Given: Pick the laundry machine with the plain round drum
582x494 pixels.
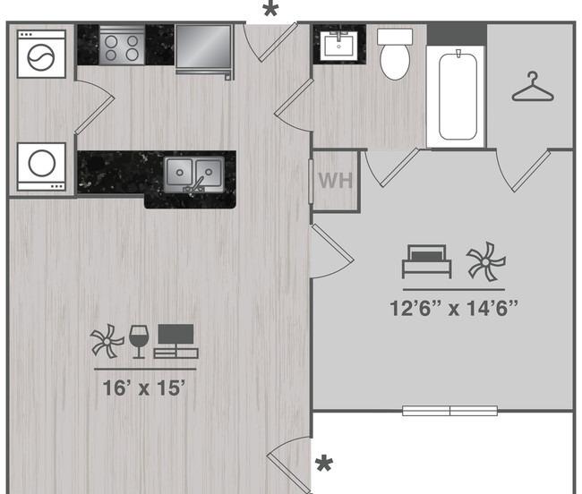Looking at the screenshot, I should click(41, 166).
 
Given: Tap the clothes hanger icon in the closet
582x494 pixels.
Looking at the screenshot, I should click(532, 88).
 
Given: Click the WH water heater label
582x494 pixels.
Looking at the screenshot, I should click(335, 180).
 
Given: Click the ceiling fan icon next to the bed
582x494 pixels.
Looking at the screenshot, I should click(486, 262).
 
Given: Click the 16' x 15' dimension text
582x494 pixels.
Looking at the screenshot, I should click(145, 388).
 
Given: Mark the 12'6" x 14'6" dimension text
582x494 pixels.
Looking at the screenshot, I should click(454, 309).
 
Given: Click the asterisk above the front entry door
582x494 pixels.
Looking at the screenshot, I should click(269, 12).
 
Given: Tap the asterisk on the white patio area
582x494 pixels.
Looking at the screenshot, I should click(323, 464).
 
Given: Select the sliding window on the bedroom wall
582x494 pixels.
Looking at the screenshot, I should click(449, 411).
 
